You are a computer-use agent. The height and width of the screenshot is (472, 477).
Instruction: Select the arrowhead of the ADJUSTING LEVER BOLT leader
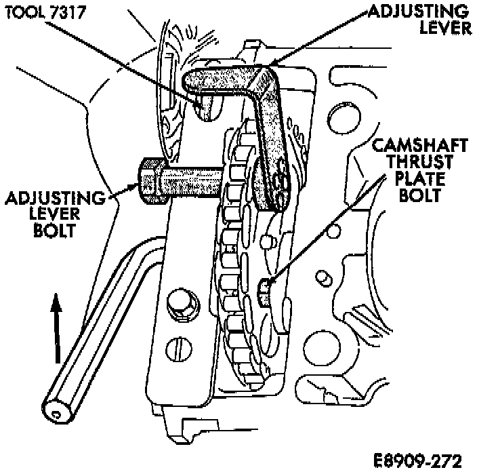point(135,186)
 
